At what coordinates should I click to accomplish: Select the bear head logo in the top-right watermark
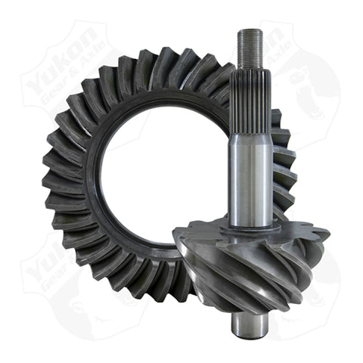click(x=318, y=83)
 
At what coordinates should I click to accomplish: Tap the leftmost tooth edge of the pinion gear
click(x=178, y=250)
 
